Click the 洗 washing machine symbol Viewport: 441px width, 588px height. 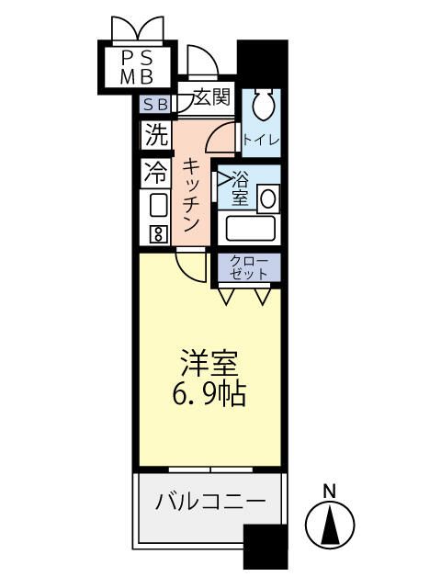pos(156,136)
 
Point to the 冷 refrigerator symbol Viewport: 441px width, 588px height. pos(156,173)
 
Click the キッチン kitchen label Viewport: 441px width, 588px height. pos(191,195)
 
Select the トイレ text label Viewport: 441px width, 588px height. pos(261,141)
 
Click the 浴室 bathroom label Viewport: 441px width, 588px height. pos(240,188)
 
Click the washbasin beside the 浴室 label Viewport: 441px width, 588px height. pos(269,197)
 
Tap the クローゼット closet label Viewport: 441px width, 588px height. pos(249,267)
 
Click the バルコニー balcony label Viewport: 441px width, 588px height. pos(209,502)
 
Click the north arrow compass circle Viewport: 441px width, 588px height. pos(330,527)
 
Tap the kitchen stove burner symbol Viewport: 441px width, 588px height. pos(157,233)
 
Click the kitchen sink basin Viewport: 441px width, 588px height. pos(157,204)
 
